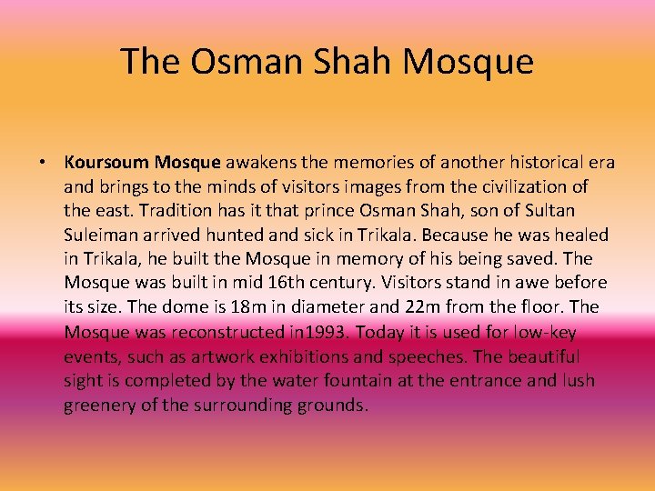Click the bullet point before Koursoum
click(43, 164)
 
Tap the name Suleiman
click(99, 235)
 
